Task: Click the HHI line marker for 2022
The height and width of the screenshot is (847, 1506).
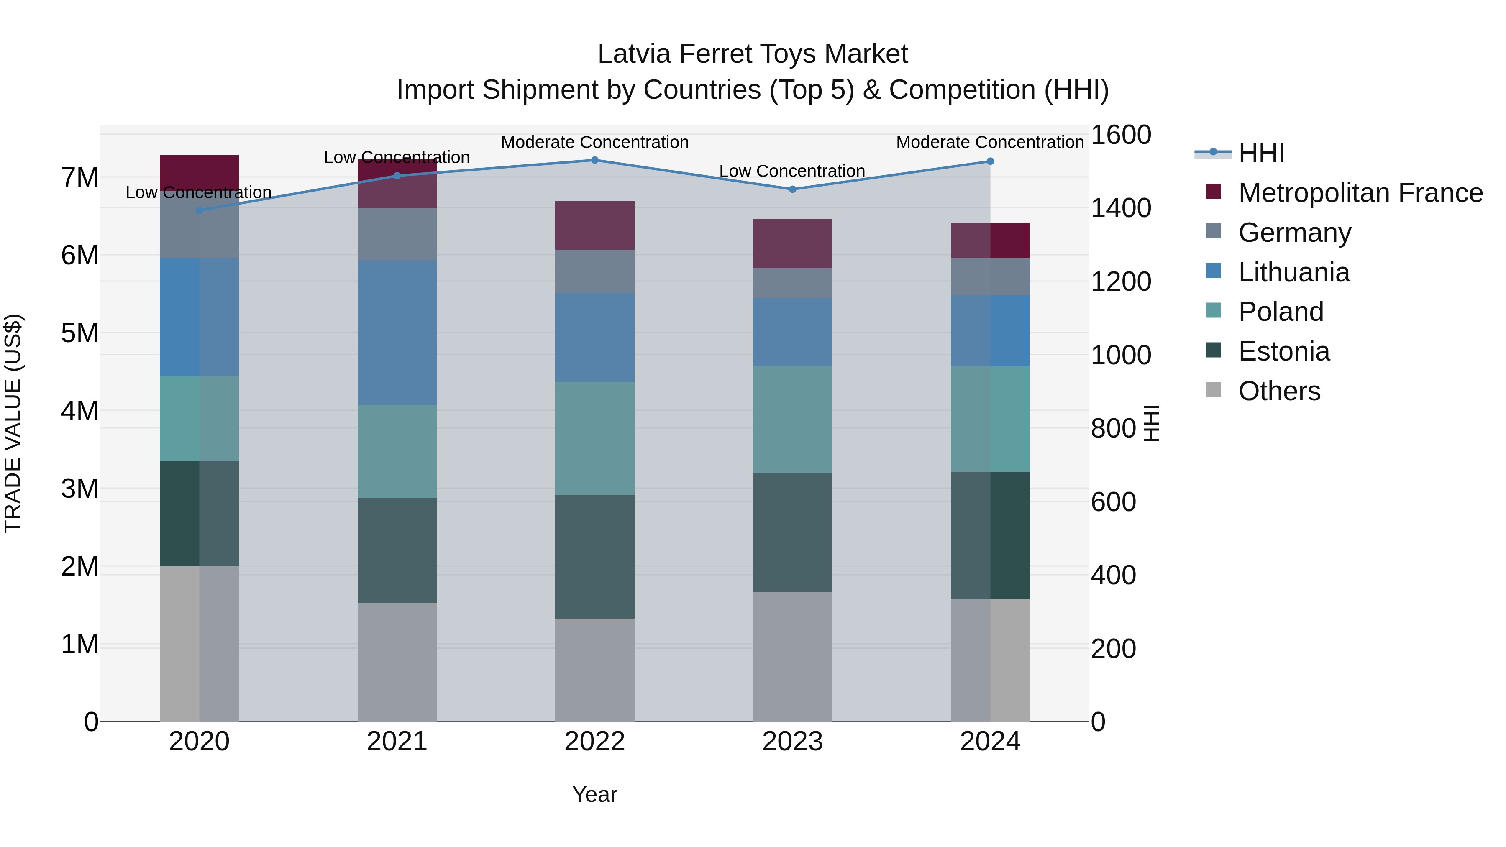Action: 594,160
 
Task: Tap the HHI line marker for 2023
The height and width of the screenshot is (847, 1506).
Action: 792,189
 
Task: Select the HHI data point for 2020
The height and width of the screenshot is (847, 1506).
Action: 200,210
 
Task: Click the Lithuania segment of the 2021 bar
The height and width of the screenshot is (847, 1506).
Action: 397,332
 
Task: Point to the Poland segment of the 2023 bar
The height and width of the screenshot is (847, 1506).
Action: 792,419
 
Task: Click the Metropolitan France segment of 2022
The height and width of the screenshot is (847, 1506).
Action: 594,225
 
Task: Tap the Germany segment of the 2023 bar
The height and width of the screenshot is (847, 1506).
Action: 792,283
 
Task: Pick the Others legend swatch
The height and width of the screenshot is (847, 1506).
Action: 1213,390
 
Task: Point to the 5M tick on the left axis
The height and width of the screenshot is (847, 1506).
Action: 79,333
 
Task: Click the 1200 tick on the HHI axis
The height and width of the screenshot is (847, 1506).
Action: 1120,282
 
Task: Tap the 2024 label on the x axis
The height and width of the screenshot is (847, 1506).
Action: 990,742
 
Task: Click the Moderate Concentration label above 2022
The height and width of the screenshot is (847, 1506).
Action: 594,142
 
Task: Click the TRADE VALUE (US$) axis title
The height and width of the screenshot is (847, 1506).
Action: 13,423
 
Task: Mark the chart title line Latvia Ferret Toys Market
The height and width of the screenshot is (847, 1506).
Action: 753,54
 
